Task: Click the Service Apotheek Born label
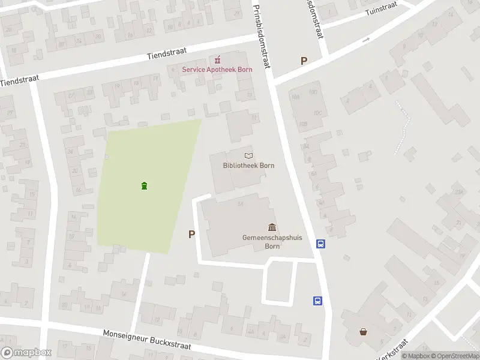[x=217, y=69]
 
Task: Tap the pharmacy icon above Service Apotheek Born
[x=218, y=59]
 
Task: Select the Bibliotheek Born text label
[x=244, y=165]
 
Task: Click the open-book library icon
[x=248, y=155]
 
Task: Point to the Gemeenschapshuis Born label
[x=272, y=242]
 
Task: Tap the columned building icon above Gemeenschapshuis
[x=272, y=227]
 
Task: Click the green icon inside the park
[x=144, y=185]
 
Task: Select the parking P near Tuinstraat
[x=304, y=61]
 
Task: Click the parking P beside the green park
[x=191, y=235]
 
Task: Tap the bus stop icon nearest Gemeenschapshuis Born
[x=321, y=244]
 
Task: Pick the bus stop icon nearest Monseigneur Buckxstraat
[x=317, y=301]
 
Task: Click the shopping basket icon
[x=363, y=331]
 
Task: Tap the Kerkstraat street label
[x=392, y=349]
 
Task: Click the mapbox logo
[x=26, y=352]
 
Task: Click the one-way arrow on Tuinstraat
[x=367, y=40]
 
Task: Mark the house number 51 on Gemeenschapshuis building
[x=241, y=205]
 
